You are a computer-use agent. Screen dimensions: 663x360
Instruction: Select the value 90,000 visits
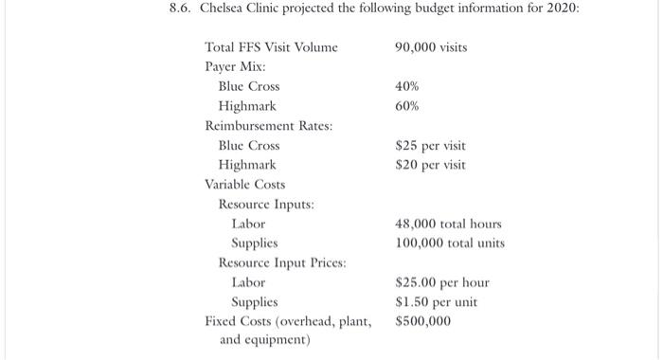tap(431, 47)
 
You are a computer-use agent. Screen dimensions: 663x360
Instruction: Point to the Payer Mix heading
tap(236, 67)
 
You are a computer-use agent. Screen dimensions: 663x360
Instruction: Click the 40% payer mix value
tap(406, 87)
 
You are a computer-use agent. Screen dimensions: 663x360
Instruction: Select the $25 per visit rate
tap(430, 146)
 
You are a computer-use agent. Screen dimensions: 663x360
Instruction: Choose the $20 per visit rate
tap(430, 165)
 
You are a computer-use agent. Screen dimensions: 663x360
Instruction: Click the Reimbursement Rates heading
tap(262, 126)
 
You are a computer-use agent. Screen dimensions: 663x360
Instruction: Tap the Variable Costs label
tap(244, 185)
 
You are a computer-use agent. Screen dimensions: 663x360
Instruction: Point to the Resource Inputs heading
tap(266, 205)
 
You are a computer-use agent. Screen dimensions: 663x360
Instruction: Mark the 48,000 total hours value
tap(448, 225)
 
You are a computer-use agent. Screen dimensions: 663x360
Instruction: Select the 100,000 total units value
tap(450, 243)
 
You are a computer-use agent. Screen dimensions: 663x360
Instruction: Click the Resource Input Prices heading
tap(282, 262)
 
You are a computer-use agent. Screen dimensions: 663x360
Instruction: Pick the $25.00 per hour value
tap(441, 282)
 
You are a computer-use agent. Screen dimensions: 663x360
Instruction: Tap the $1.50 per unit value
tap(436, 302)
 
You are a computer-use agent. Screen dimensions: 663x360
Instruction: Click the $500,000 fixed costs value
tap(422, 321)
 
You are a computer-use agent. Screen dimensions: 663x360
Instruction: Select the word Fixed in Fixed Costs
tap(222, 321)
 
